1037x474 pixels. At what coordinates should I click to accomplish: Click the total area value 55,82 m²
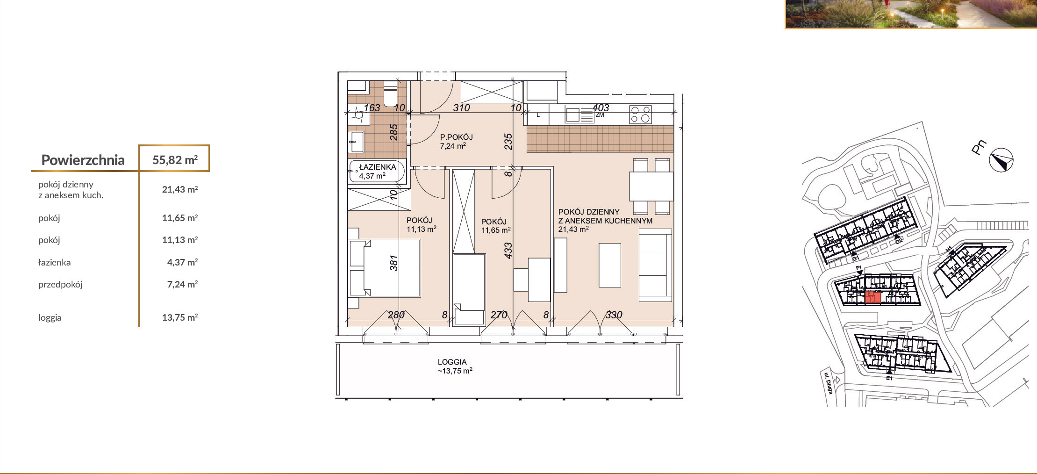click(175, 160)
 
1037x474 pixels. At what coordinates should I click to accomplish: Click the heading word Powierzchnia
click(83, 160)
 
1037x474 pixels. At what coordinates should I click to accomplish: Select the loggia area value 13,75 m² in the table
click(180, 317)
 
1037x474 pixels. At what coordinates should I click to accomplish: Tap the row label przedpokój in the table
click(60, 284)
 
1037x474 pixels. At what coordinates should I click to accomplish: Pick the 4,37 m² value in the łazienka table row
click(182, 262)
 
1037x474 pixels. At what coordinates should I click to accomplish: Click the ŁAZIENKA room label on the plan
click(378, 167)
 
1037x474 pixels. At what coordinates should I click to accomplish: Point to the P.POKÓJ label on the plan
click(457, 137)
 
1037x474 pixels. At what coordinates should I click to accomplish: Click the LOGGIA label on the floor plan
click(452, 362)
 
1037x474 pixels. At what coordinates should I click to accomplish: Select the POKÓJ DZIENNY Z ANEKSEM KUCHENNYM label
click(605, 216)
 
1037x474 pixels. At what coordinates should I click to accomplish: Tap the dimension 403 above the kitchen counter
click(601, 108)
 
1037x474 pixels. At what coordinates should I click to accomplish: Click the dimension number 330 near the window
click(614, 315)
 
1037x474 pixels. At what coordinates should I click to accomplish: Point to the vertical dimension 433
click(508, 251)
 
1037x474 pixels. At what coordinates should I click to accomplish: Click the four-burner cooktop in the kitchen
click(640, 115)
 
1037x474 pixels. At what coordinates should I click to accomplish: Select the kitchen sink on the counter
click(579, 115)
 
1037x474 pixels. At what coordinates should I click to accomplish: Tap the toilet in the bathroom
click(390, 94)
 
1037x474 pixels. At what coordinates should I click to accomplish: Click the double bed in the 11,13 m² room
click(385, 268)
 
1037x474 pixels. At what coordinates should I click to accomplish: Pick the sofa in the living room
click(655, 265)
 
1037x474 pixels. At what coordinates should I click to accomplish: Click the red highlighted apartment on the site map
click(873, 297)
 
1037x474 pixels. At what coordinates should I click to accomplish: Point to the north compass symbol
click(1001, 160)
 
